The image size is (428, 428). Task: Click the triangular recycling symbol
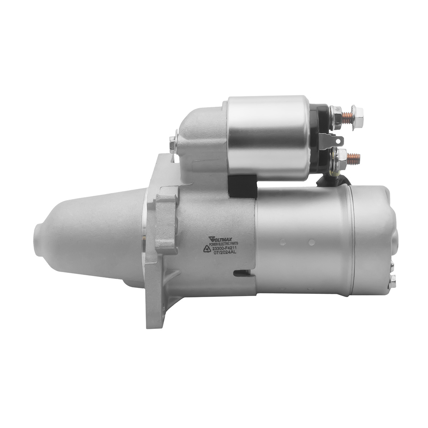click(x=207, y=249)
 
